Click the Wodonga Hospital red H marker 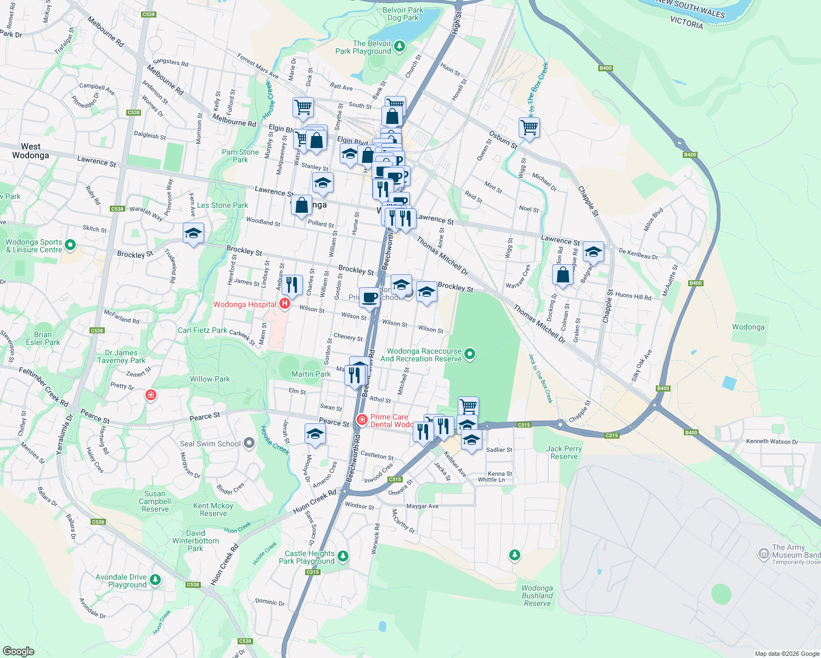284,304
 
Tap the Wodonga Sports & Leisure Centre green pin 70,245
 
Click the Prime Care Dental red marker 362,420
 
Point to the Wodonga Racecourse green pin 469,354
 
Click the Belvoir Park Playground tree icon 400,46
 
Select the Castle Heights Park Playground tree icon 343,557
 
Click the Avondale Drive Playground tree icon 155,580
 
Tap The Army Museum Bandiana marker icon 763,554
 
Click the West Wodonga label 31,151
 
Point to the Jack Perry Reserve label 564,452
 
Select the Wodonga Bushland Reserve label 537,595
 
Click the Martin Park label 311,374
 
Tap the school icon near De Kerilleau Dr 593,252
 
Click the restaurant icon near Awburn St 291,285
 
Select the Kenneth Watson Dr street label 772,441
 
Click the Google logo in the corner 18,651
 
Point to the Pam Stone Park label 240,156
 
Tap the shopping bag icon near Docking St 563,274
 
